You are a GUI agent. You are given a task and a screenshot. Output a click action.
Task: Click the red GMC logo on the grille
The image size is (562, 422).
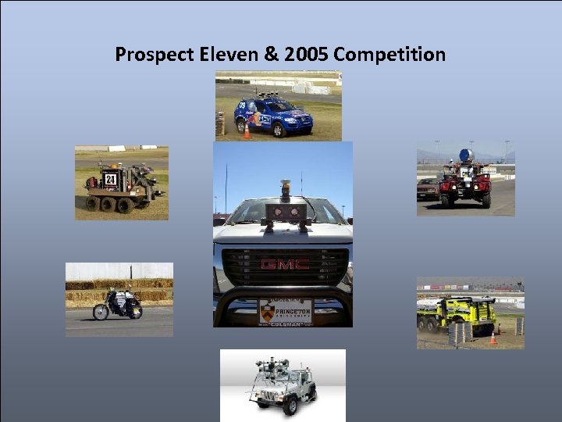tap(284, 264)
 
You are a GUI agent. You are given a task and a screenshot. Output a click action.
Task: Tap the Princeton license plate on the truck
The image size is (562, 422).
tap(285, 312)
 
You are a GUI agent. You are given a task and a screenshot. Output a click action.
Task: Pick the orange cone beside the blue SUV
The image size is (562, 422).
tap(247, 131)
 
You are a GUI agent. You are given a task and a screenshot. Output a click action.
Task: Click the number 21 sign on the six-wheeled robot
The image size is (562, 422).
tap(110, 179)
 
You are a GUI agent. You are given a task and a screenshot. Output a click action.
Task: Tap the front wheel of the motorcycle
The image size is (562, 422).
tap(101, 313)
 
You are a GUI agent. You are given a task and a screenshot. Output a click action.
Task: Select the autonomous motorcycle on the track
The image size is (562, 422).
tap(118, 304)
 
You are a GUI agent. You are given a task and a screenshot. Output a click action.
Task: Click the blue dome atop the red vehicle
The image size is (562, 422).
tap(465, 154)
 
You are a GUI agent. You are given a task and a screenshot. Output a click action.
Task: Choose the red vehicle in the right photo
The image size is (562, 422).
tap(465, 184)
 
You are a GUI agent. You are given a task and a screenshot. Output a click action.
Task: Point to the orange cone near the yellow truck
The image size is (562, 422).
tap(493, 338)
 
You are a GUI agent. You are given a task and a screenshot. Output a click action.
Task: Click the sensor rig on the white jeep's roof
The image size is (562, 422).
tap(273, 363)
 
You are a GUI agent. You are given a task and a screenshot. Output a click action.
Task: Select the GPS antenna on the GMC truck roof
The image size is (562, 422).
tap(286, 188)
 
